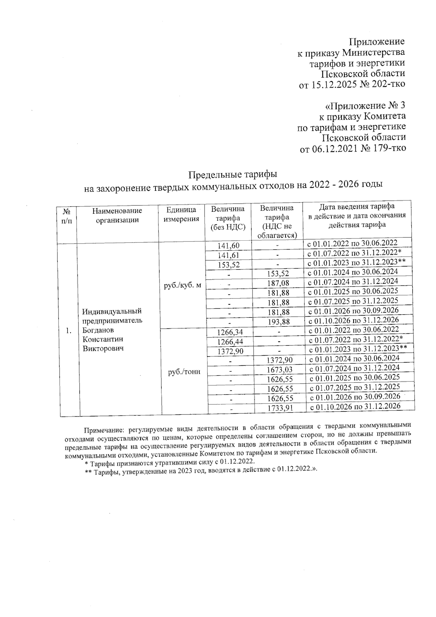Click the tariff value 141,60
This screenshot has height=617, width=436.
click(x=228, y=245)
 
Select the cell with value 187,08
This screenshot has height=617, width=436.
click(x=278, y=283)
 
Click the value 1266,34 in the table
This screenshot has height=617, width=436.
click(x=229, y=332)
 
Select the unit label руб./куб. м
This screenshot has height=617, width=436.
click(x=182, y=285)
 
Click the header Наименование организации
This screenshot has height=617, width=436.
click(x=117, y=215)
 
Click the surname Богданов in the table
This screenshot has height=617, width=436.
click(x=98, y=330)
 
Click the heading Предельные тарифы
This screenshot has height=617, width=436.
click(x=233, y=174)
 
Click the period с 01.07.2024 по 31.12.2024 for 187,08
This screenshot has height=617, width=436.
click(x=353, y=281)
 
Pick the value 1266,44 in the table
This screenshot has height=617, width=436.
click(x=230, y=342)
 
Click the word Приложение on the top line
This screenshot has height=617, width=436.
click(x=377, y=42)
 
